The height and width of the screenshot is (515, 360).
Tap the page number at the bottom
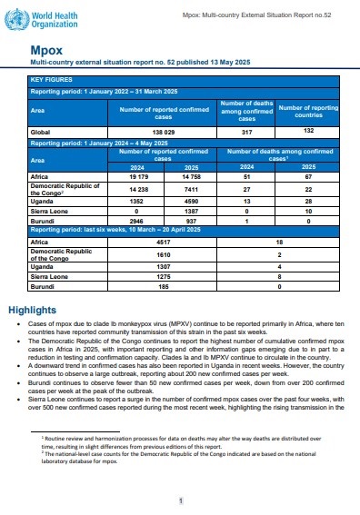point(181,500)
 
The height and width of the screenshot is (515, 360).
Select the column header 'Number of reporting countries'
point(307,110)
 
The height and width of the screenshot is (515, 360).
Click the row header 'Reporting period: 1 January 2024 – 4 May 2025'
point(100,143)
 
